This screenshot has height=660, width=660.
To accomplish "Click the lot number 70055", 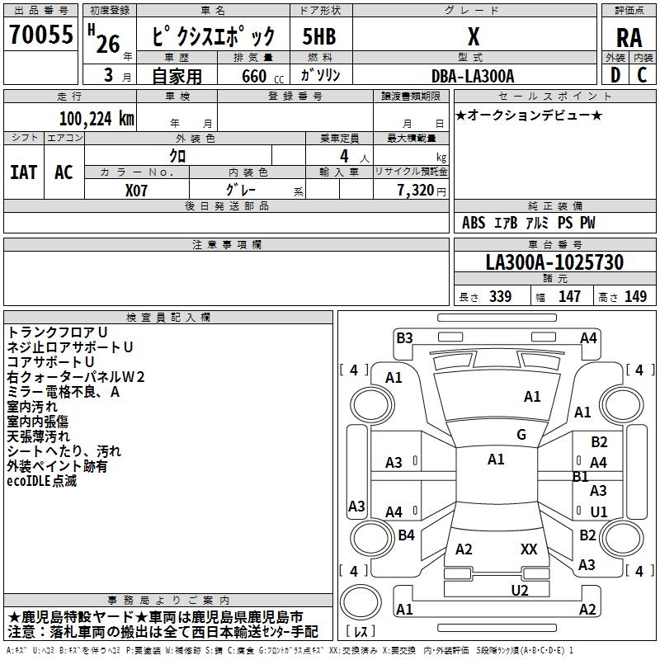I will pyautogui.click(x=40, y=35).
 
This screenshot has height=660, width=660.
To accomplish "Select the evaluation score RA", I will pyautogui.click(x=629, y=37).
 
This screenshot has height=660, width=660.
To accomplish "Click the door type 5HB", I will pyautogui.click(x=319, y=36).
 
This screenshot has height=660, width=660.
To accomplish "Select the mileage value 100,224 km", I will pyautogui.click(x=97, y=118).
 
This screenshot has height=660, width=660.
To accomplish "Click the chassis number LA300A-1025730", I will pyautogui.click(x=554, y=262).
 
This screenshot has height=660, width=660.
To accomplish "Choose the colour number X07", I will pyautogui.click(x=138, y=190).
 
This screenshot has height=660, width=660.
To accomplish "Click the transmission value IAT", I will pyautogui.click(x=24, y=172).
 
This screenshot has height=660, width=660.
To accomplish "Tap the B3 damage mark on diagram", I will pyautogui.click(x=404, y=337).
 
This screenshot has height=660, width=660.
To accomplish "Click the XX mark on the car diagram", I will pyautogui.click(x=529, y=549).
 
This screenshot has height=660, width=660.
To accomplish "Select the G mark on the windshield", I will pyautogui.click(x=521, y=435).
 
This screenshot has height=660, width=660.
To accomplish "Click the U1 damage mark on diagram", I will pyautogui.click(x=598, y=511).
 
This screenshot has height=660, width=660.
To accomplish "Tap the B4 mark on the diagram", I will pyautogui.click(x=406, y=535).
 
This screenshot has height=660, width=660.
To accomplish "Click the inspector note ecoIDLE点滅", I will pyautogui.click(x=42, y=481).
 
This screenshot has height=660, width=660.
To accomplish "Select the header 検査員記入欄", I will pyautogui.click(x=168, y=317).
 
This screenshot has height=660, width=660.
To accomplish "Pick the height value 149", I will pyautogui.click(x=635, y=297).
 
